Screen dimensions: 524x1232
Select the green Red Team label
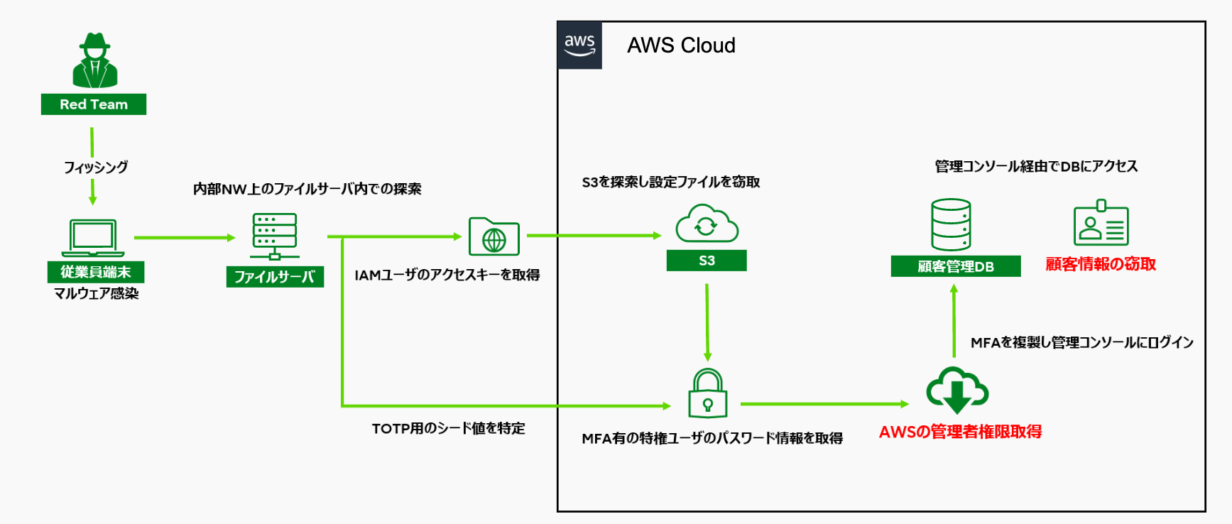point(94,104)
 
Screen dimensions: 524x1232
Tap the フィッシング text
point(96,167)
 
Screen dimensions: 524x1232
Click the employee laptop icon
point(93,238)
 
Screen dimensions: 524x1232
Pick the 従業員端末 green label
point(96,272)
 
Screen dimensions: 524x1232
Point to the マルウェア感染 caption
point(96,293)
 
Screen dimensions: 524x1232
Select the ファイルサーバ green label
point(275,276)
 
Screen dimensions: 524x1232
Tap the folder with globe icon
point(494,237)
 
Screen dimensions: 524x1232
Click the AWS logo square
point(579,45)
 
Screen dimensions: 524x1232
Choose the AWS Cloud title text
point(681,45)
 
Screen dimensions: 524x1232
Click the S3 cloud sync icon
point(707,224)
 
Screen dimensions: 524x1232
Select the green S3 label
point(707,261)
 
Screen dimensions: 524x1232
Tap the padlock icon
point(708,393)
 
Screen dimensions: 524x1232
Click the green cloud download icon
point(957,391)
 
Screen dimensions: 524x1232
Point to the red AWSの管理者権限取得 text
point(960,432)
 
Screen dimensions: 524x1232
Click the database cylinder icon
point(951,225)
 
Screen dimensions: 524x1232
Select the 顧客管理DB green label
point(956,266)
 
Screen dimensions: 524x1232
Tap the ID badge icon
point(1101,224)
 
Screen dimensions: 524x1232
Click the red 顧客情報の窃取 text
point(1101,264)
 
